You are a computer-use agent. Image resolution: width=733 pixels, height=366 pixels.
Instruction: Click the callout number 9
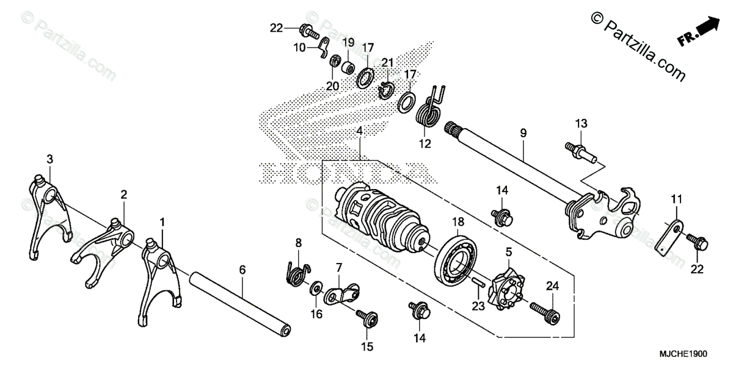(x=523, y=132)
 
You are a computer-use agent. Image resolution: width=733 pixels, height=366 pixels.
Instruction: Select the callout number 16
(x=316, y=314)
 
